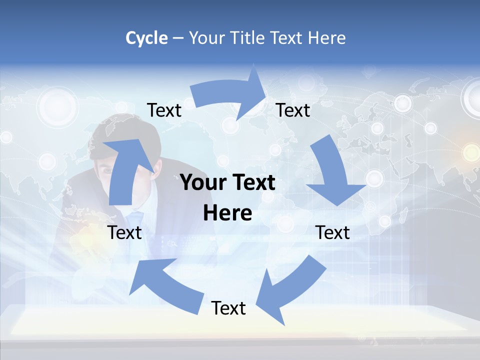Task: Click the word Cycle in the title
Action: tap(146, 38)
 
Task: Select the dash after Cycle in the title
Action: tap(178, 38)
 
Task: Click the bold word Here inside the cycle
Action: tap(227, 213)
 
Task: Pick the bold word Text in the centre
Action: tap(251, 183)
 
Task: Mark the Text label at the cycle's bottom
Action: tap(228, 308)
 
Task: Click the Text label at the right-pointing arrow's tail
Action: tap(164, 110)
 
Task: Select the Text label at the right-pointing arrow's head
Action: tap(293, 110)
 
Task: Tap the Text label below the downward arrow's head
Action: tap(332, 232)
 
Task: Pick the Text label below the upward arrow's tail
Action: tap(125, 232)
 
